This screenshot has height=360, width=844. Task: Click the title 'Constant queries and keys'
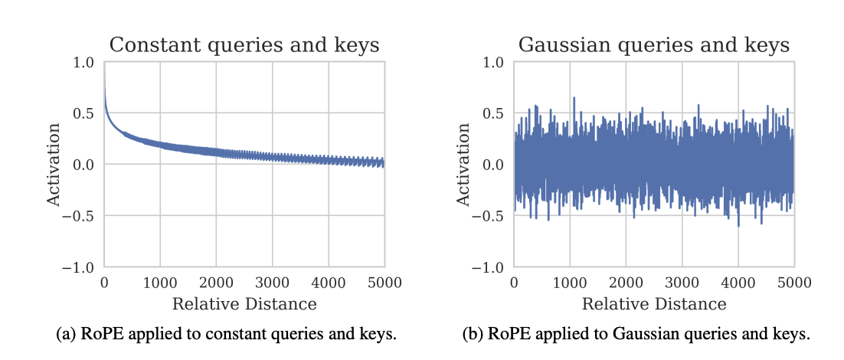tap(244, 45)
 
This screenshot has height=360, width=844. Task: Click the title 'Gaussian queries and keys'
tap(654, 45)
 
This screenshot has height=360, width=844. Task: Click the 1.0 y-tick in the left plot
tap(84, 62)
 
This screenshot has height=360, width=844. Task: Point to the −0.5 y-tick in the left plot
tap(80, 216)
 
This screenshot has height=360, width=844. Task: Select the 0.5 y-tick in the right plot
tap(494, 113)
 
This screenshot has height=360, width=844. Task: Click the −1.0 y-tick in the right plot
tap(489, 267)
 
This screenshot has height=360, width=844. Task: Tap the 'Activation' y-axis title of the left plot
tap(54, 165)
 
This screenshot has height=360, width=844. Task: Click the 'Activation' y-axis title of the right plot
tap(463, 165)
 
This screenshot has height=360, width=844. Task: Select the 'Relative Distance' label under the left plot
tap(244, 304)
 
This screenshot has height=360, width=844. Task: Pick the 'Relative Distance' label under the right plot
tap(654, 304)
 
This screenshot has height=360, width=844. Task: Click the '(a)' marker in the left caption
tap(67, 334)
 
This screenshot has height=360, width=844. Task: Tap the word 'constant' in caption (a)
tap(201, 334)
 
